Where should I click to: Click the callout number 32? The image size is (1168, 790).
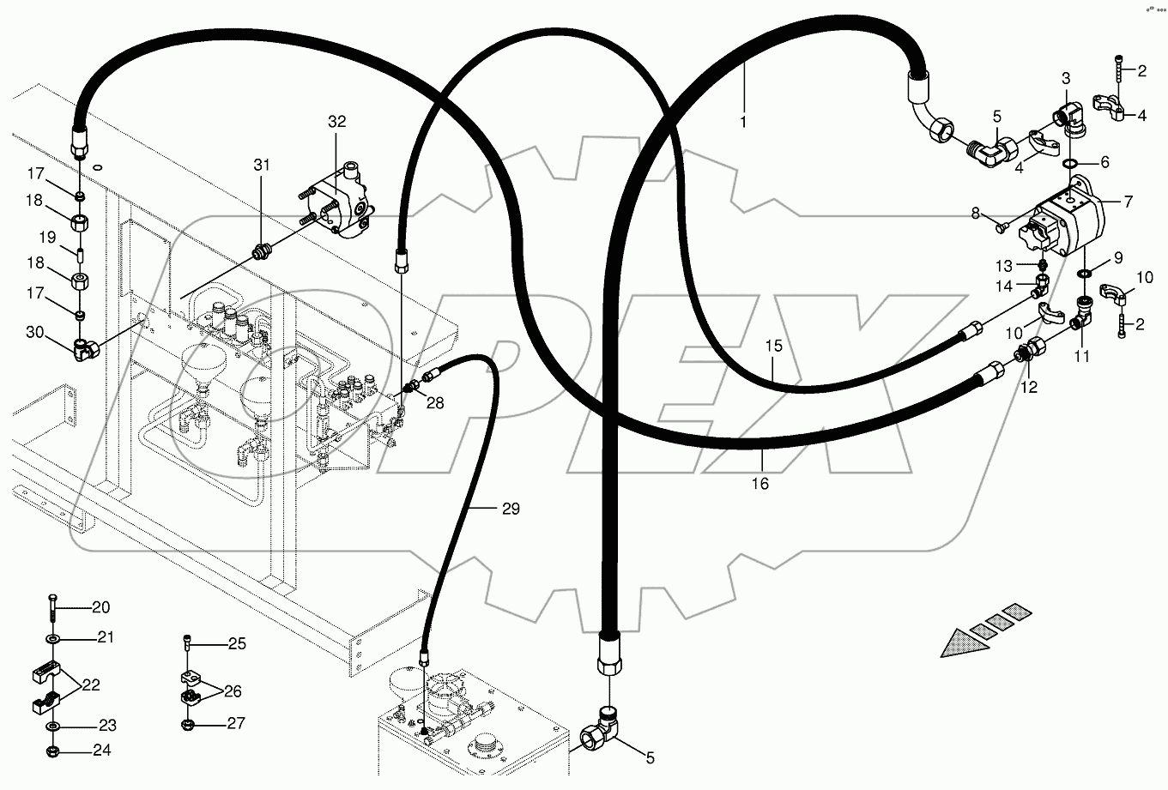pyautogui.click(x=336, y=122)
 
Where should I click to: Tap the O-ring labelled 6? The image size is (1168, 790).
pyautogui.click(x=1071, y=163)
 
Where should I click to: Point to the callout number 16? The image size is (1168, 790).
pyautogui.click(x=760, y=484)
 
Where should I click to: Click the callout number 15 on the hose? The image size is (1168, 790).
pyautogui.click(x=774, y=346)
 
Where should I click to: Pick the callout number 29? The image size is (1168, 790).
pyautogui.click(x=511, y=510)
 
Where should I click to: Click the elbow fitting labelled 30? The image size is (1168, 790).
pyautogui.click(x=85, y=348)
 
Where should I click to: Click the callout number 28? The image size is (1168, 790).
pyautogui.click(x=436, y=402)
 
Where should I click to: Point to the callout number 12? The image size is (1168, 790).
pyautogui.click(x=1029, y=388)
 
